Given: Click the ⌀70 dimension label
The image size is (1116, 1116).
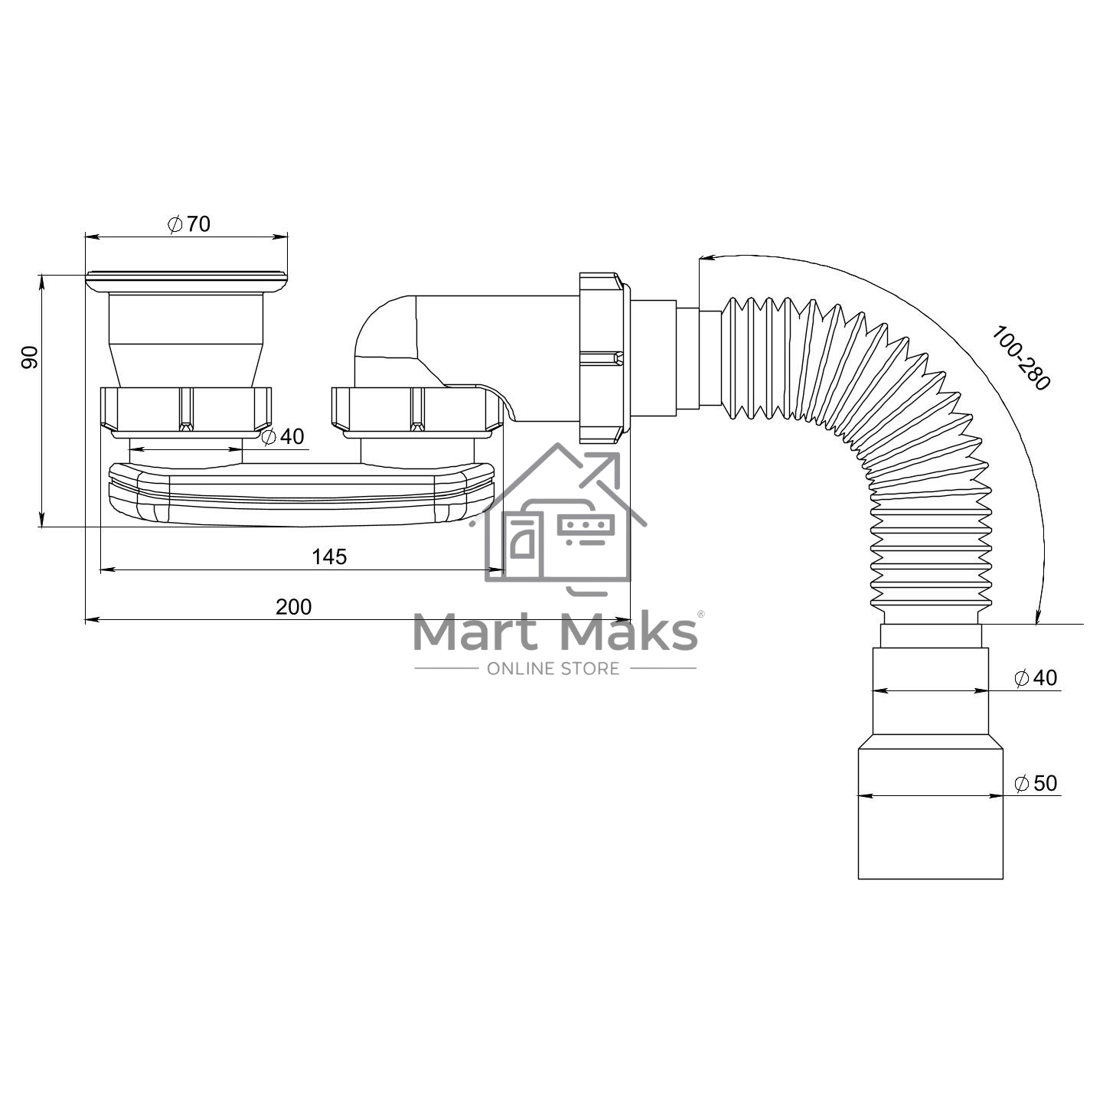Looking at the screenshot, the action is click(189, 224).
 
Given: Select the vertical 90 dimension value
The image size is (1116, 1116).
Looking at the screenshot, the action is click(29, 357).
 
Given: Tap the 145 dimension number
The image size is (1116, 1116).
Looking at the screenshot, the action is click(329, 556).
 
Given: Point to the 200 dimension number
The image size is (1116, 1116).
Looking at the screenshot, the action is click(294, 606).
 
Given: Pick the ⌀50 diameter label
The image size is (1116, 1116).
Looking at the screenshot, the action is click(1036, 783).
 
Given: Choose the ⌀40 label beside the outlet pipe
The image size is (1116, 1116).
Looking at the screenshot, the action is click(1036, 677).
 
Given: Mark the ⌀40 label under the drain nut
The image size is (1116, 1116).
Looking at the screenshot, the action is click(282, 436).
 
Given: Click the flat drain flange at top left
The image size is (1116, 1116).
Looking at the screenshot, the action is click(187, 282).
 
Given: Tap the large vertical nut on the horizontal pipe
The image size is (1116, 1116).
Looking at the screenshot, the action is click(604, 358).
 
